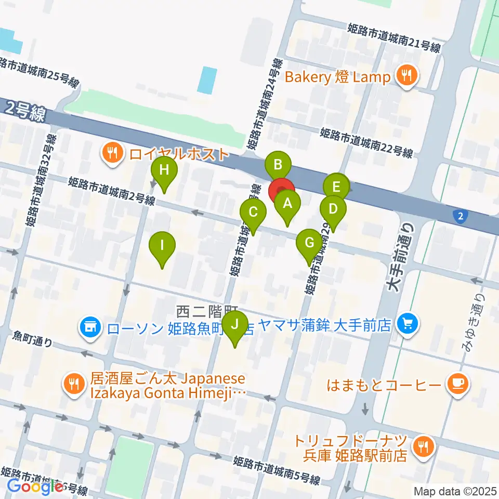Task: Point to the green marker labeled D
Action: tap(333, 209)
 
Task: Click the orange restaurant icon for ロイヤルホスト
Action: tap(112, 153)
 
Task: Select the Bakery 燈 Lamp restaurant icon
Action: tap(406, 77)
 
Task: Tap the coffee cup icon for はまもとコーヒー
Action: tap(458, 385)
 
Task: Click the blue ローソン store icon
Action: tap(90, 328)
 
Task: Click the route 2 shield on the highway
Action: tap(459, 216)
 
